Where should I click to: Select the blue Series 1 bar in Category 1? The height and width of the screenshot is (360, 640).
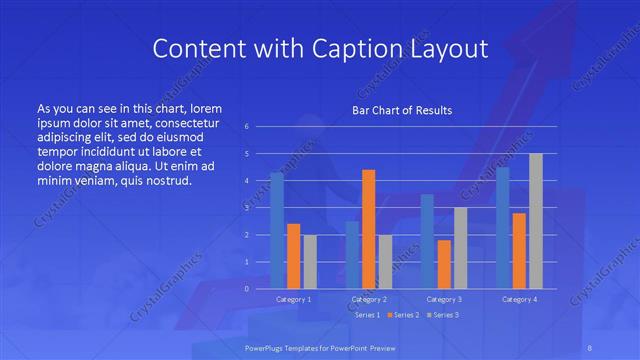click(x=277, y=230)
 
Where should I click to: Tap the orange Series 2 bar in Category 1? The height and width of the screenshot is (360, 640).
click(x=293, y=256)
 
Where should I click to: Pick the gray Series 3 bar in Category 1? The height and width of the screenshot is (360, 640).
click(x=310, y=261)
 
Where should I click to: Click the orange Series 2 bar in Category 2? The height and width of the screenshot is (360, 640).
click(x=368, y=229)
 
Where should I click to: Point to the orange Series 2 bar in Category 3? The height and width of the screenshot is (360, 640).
click(x=444, y=264)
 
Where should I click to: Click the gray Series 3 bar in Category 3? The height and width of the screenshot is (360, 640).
click(x=460, y=248)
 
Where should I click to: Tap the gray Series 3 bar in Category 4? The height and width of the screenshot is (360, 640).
click(x=535, y=221)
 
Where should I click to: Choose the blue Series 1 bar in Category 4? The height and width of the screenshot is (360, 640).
click(x=502, y=227)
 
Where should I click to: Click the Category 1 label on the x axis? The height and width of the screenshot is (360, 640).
click(x=293, y=299)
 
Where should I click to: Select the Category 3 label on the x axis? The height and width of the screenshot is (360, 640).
click(x=443, y=299)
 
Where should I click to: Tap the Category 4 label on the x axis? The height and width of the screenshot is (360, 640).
click(x=519, y=299)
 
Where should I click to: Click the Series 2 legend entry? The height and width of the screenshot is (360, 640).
click(x=403, y=315)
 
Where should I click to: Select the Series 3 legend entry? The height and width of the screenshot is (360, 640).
click(x=443, y=315)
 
